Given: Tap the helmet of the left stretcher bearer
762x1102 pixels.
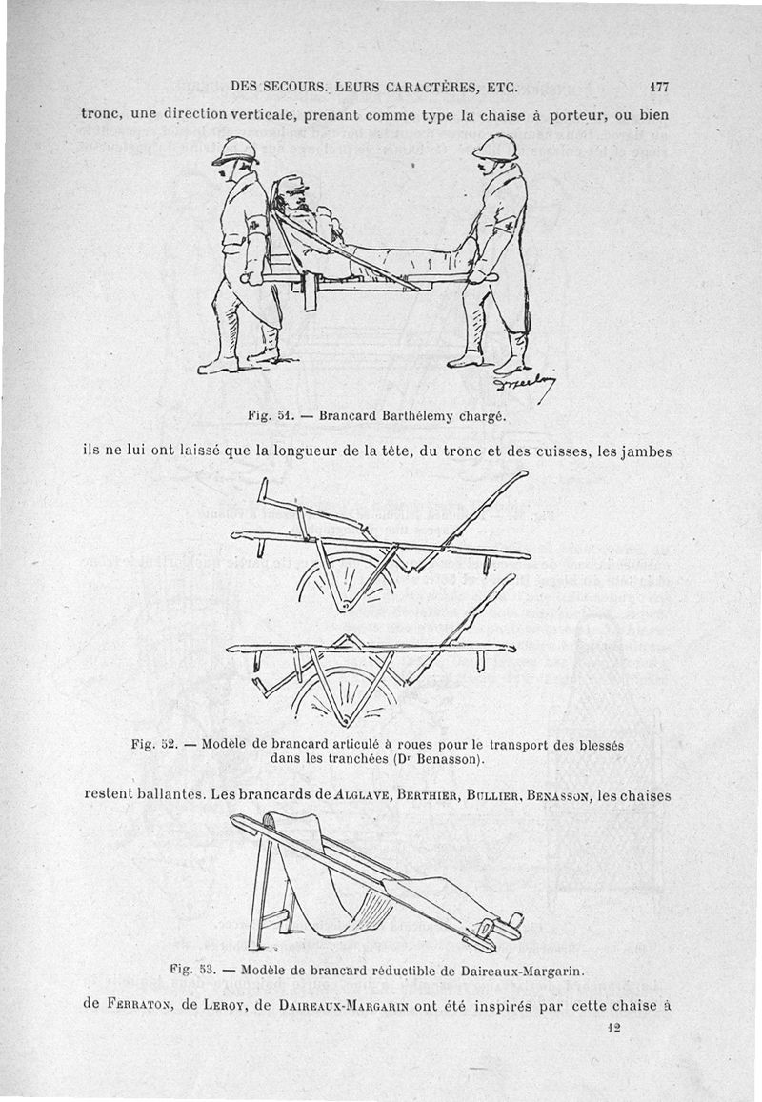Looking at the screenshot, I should (x=233, y=150).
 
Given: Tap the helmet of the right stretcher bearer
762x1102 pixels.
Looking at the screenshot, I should (x=494, y=147).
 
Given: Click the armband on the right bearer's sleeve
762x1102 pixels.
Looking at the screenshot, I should (x=509, y=225).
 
